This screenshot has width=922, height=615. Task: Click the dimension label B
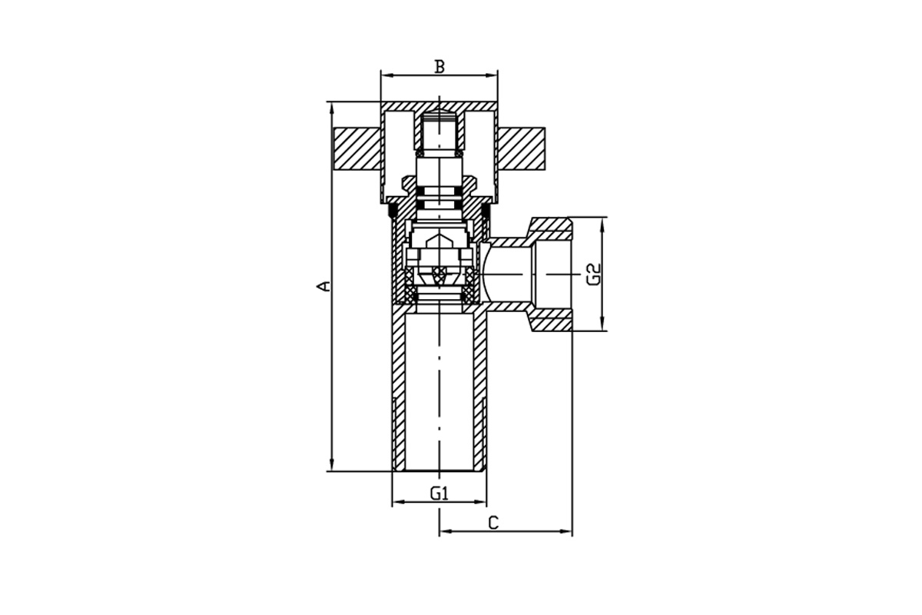coord(440,66)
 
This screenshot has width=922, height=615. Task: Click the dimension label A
coord(324,286)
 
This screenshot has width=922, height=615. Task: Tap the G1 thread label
coord(439,493)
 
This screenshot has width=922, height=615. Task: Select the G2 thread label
coord(594,274)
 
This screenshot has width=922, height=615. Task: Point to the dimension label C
coord(493,524)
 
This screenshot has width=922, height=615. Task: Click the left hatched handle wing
coord(357,148)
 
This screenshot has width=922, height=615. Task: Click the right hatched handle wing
coord(521,148)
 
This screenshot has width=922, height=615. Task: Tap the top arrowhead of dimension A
coord(331,107)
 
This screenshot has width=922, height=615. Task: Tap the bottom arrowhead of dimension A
coord(331,465)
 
